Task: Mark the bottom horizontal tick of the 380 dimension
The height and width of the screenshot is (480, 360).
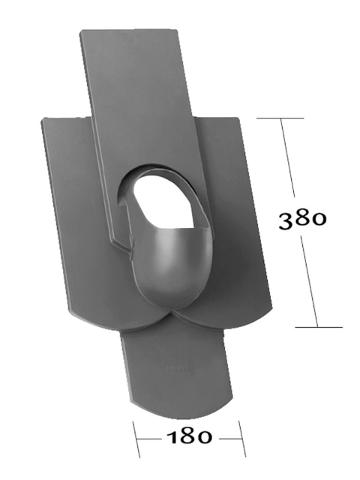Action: tap(319, 327)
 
